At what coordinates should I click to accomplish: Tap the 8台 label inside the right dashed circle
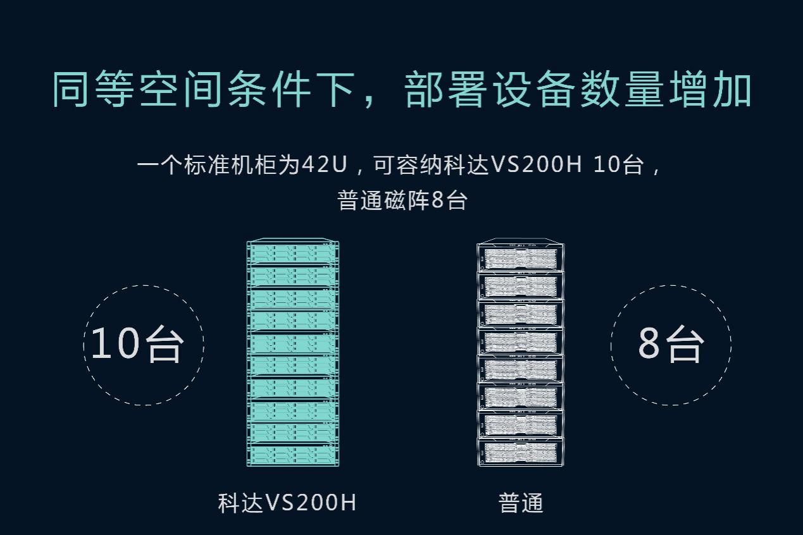[x=671, y=345]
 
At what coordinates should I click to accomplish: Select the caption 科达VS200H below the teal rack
[x=287, y=503]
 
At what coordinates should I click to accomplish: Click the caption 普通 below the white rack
[x=521, y=503]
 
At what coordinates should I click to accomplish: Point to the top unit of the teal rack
[x=292, y=254]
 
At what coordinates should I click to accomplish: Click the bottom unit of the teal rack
[x=292, y=455]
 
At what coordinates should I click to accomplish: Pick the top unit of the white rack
[x=520, y=257]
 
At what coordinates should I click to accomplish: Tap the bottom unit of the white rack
[x=520, y=452]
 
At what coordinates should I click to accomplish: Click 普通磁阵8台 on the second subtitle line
[x=402, y=200]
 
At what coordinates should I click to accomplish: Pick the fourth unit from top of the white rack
[x=520, y=341]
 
